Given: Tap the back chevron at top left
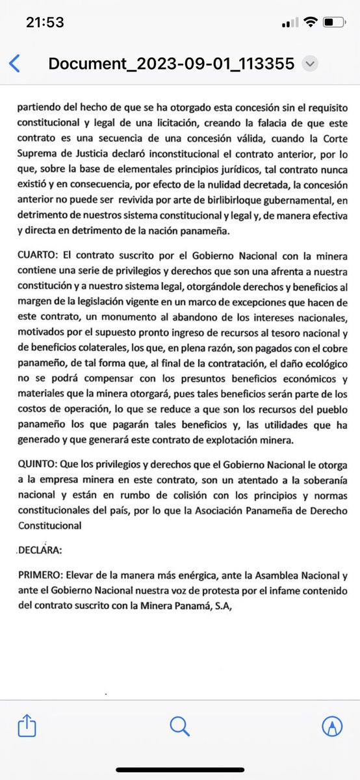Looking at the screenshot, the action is (15, 64).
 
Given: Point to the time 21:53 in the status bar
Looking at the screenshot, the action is (45, 23).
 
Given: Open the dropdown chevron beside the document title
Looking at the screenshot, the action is (311, 64).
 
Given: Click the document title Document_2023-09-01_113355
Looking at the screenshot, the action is (172, 64).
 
